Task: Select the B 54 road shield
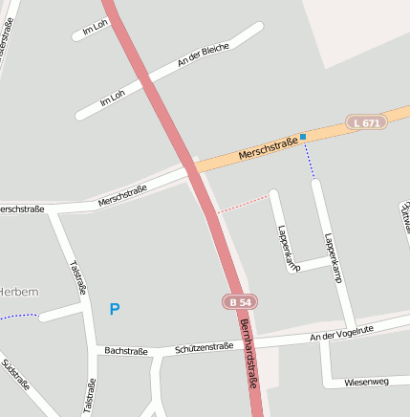tap(241, 302)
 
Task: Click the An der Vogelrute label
tap(341, 332)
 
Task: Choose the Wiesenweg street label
tap(368, 382)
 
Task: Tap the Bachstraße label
tap(126, 351)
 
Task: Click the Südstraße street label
tap(15, 376)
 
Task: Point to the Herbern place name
tap(18, 291)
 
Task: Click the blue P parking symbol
tap(115, 309)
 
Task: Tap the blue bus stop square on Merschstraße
tap(303, 137)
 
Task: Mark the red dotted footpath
tap(243, 204)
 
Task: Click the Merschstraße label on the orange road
tap(268, 148)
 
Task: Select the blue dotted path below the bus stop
tap(310, 160)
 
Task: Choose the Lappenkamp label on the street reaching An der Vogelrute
tap(333, 257)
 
